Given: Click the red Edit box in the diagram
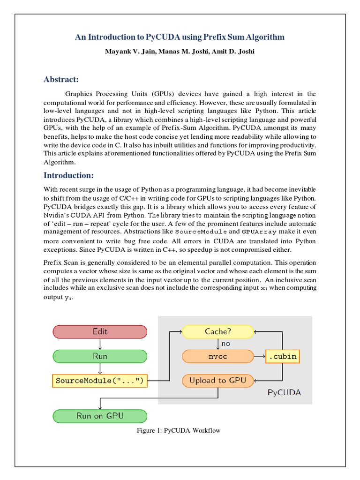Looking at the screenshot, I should [x=100, y=331].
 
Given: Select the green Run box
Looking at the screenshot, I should [x=100, y=356].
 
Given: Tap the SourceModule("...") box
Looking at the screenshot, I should [x=100, y=381].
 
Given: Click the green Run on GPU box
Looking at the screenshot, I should [x=100, y=416].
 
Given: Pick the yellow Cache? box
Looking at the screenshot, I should [x=218, y=331].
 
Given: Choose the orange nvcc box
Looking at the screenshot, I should [x=218, y=356].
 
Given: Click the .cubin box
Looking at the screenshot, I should [x=282, y=356].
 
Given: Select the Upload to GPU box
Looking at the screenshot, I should [x=218, y=380].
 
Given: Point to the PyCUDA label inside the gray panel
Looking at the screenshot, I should [x=284, y=393].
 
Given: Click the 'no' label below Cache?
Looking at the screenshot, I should [x=226, y=344].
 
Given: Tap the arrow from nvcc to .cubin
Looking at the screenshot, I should [x=259, y=356].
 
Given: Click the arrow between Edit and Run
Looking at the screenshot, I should [x=100, y=344].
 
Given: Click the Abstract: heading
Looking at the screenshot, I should [x=61, y=79].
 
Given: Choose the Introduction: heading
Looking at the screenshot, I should [x=68, y=175].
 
